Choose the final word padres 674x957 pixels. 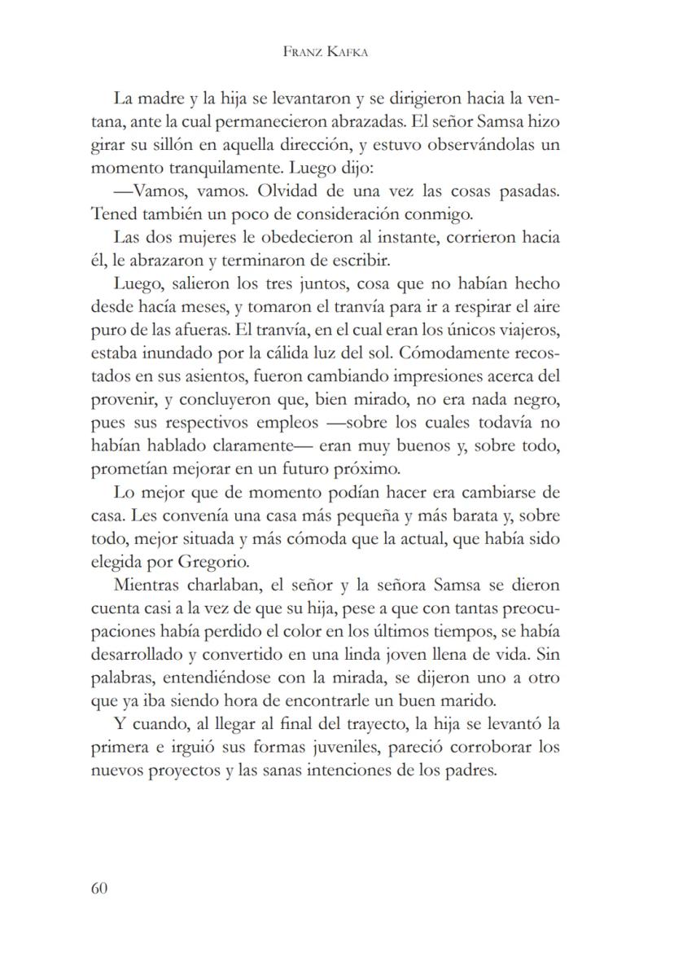[x=471, y=770]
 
